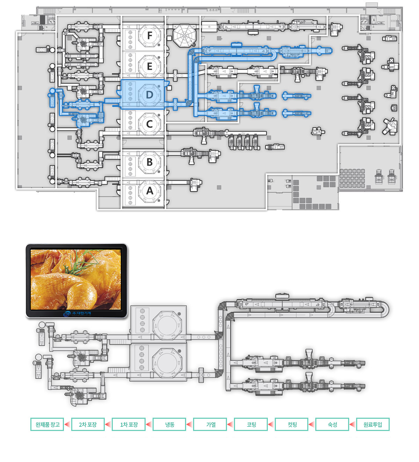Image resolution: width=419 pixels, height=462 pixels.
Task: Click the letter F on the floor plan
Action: pos(150,36)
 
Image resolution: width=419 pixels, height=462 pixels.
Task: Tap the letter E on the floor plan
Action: pos(149,67)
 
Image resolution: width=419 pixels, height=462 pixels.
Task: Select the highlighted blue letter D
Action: pos(149,95)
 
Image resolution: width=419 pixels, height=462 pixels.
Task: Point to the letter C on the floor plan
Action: pos(149,124)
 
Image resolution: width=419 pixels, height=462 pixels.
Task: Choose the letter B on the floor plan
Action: pos(149,162)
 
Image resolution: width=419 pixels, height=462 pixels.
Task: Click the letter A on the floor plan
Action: pos(150,191)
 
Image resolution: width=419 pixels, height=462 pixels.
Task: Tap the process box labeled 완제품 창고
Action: pos(47,424)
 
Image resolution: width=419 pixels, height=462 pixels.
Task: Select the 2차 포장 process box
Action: pos(88,424)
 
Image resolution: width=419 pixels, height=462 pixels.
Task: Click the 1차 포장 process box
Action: pos(129,424)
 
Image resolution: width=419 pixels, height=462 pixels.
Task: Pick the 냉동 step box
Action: pos(169,424)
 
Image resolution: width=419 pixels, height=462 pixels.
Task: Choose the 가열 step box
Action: pos(210,424)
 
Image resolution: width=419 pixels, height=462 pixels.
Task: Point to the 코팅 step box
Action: pos(251,424)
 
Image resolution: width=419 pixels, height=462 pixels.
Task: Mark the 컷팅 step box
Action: pos(292,424)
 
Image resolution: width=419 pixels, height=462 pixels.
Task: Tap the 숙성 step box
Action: pos(332,424)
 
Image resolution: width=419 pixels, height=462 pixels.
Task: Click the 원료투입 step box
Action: pos(373,424)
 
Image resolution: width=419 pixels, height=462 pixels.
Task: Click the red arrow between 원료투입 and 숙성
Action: pos(353,424)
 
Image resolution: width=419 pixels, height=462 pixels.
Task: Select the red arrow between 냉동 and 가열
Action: pos(190,424)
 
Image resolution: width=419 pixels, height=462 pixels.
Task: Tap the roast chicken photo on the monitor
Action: pos(76,279)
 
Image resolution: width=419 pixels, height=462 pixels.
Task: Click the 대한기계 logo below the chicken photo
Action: pos(77,313)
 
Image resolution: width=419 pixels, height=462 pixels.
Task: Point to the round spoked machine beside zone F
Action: pos(185,36)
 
